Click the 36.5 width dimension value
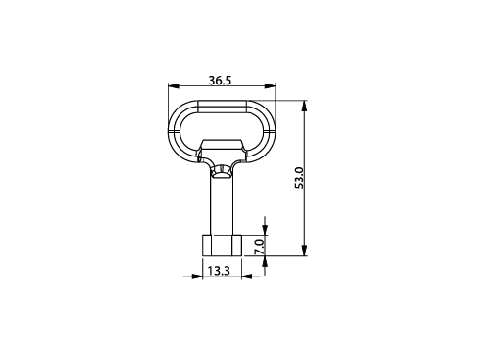click(x=220, y=81)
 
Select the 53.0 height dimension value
click(x=300, y=178)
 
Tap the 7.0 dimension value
click(x=260, y=247)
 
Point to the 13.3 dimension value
click(x=219, y=271)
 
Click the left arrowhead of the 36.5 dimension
click(x=174, y=85)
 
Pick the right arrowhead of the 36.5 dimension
click(x=270, y=85)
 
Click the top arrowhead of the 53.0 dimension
click(x=304, y=106)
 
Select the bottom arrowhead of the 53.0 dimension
click(x=304, y=251)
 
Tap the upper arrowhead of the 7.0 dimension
click(x=265, y=229)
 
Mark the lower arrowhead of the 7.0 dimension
click(x=265, y=262)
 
